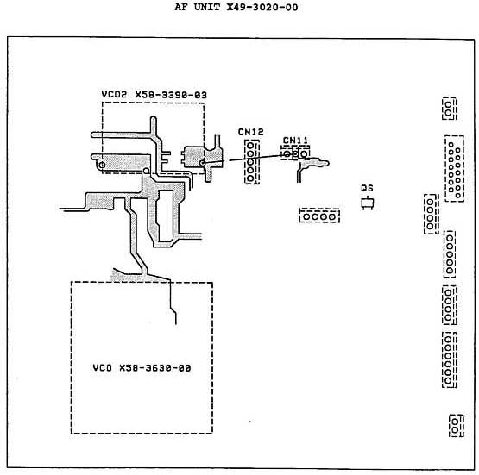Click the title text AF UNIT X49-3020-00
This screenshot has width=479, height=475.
[x=236, y=7]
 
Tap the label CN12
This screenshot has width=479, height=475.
[x=250, y=132]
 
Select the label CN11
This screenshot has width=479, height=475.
[x=295, y=141]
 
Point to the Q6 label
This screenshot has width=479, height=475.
[x=367, y=188]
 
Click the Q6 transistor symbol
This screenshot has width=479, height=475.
[x=367, y=203]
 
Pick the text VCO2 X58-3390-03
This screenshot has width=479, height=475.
[x=154, y=95]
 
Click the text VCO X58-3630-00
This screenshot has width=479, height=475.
[x=142, y=368]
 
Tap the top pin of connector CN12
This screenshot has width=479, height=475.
[x=250, y=145]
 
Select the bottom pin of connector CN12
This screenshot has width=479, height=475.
[x=250, y=178]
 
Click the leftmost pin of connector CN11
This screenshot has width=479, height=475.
[x=287, y=154]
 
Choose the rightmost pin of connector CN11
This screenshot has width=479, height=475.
[x=304, y=154]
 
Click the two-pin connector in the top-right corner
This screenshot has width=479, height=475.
[x=449, y=109]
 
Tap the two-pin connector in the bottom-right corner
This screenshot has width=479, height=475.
[x=456, y=426]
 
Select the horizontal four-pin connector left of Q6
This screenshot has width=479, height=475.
[x=319, y=216]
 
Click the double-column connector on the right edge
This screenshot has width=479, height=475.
[x=455, y=169]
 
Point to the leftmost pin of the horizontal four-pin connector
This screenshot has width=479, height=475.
[x=306, y=216]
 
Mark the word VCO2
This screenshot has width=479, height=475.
[x=114, y=95]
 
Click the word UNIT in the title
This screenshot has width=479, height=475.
[x=207, y=7]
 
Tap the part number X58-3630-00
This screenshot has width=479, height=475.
[x=155, y=368]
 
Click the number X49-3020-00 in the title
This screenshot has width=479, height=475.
[x=262, y=7]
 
